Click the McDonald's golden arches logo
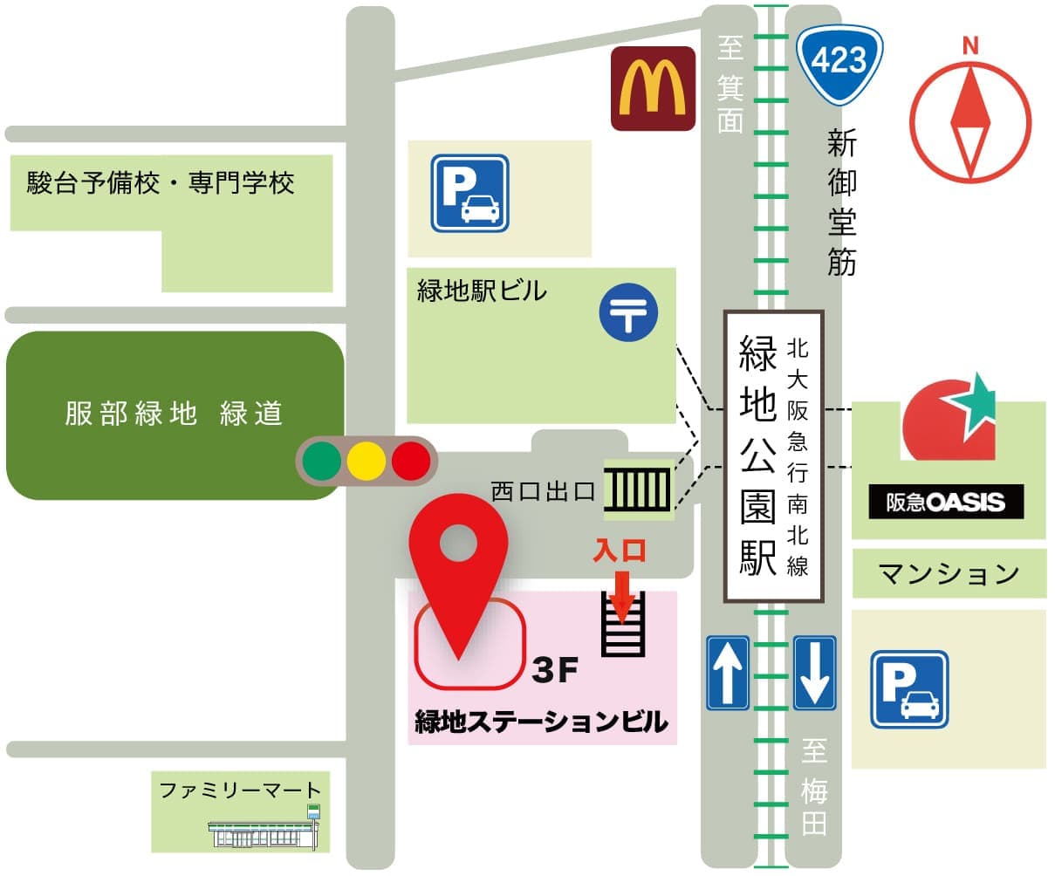point(652,88)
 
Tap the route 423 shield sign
point(839,62)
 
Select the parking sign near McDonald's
point(469,193)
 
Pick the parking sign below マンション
point(908,689)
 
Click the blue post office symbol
point(628,315)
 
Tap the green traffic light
point(323,460)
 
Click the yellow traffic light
point(367,460)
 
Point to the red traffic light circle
point(410,460)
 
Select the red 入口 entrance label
point(620,551)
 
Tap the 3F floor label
point(555,670)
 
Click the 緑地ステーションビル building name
point(541,722)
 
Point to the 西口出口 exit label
point(542,491)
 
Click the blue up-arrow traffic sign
point(727,673)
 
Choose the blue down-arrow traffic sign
point(814,673)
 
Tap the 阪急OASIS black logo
point(946,503)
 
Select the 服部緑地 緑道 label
point(174,414)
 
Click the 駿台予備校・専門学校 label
point(161,183)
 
